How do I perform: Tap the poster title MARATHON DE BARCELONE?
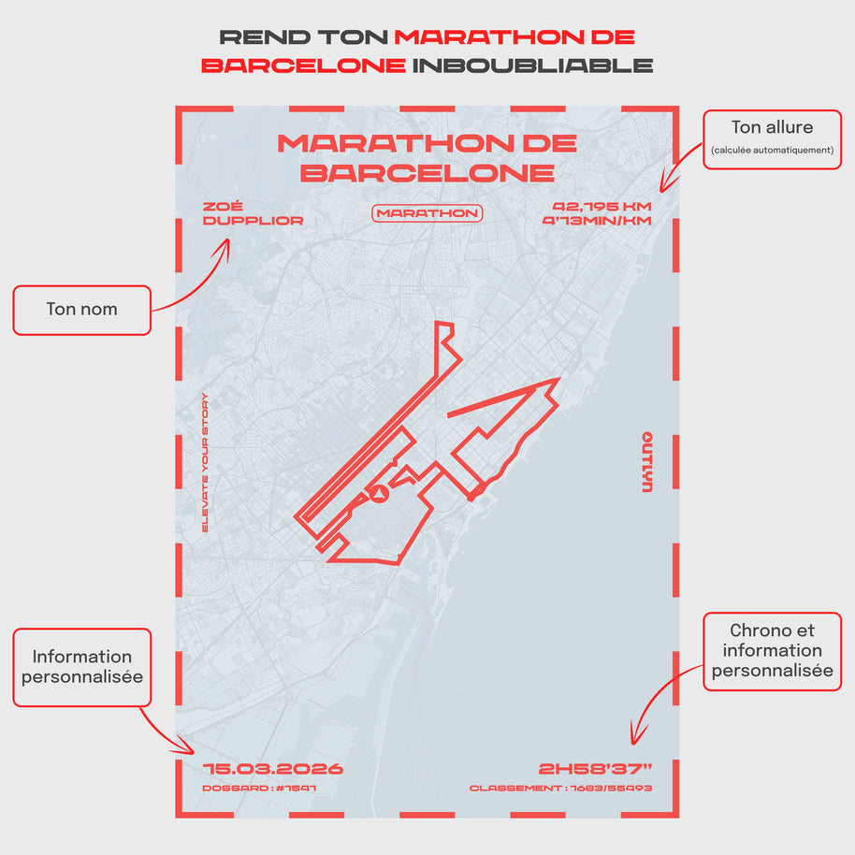pos(427,157)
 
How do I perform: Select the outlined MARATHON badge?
pos(427,213)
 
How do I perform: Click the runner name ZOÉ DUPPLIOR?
pos(253,213)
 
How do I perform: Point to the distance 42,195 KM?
pos(601,207)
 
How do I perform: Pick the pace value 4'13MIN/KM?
pos(596,221)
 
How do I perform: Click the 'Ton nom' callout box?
pos(81,310)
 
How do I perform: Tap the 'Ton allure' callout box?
pos(772,138)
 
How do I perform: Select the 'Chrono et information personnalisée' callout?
pos(772,650)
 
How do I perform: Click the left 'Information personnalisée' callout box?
pos(81,666)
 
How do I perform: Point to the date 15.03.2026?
pos(273,769)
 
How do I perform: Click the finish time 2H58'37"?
pos(595,769)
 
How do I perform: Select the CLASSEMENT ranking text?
pos(560,789)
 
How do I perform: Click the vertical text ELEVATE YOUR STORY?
pos(206,463)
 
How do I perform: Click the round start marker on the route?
pos(379,493)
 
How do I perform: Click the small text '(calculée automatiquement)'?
pos(772,151)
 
